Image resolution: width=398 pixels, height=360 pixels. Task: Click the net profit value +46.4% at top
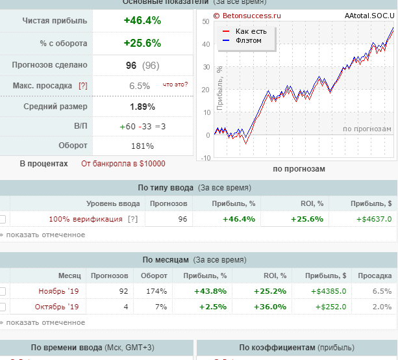click(142, 21)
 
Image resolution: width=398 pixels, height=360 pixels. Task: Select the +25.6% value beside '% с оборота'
click(142, 44)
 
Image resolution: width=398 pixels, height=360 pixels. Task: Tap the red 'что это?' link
click(175, 84)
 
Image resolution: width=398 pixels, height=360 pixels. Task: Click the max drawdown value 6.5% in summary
click(140, 86)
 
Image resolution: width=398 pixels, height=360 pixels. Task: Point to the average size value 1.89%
click(142, 107)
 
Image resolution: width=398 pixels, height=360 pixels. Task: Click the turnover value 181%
click(142, 146)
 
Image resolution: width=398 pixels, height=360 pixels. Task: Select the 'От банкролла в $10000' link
click(123, 164)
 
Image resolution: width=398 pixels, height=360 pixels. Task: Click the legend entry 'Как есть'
click(251, 31)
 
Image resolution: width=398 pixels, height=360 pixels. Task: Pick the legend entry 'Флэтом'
click(248, 40)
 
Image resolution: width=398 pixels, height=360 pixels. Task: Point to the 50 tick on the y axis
click(206, 21)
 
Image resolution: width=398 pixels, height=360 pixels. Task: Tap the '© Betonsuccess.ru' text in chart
click(247, 14)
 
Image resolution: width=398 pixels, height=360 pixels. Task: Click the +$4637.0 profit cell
click(374, 219)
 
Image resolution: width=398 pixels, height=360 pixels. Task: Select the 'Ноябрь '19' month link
click(58, 291)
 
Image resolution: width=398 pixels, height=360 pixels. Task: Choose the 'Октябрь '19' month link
click(58, 307)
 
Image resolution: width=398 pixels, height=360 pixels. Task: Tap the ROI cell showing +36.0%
click(273, 307)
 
